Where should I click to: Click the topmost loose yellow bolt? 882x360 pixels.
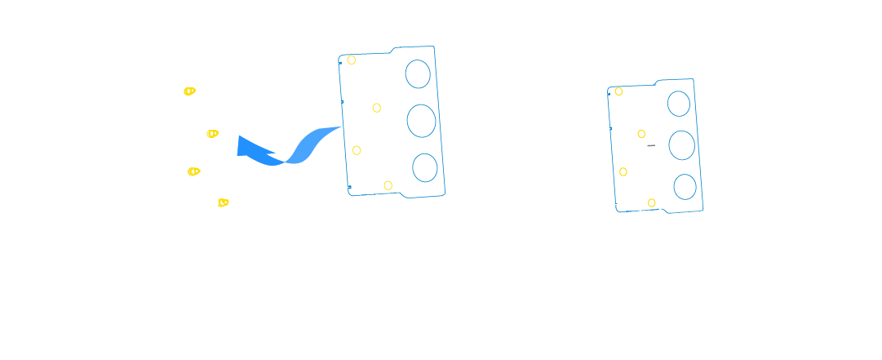189,91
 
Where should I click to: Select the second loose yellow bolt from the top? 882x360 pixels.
212,133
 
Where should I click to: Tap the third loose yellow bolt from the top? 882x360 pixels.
193,171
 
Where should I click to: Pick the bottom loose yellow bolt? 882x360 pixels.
223,202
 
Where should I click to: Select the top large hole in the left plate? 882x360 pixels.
418,74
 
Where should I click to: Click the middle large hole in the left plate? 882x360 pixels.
421,121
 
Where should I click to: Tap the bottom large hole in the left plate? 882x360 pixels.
424,167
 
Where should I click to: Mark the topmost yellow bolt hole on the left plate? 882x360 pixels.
352,60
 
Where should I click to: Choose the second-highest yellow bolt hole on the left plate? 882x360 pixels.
377,108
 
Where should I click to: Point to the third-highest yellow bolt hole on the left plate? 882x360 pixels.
357,150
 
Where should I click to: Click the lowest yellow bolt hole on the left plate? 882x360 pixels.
388,185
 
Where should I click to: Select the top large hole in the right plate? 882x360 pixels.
679,104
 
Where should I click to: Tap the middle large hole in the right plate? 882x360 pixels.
681,145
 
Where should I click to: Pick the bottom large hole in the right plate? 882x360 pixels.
685,186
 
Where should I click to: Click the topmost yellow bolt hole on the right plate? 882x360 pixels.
618,91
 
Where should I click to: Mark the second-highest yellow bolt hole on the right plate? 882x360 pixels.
641,134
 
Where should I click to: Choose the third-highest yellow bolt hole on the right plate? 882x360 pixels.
623,171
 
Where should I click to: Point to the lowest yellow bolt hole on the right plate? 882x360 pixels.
651,202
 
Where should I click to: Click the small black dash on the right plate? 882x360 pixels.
651,145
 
